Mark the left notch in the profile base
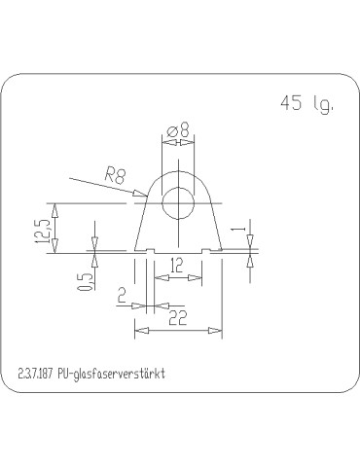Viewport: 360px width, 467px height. pyautogui.click(x=150, y=253)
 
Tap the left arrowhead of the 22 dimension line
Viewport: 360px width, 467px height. pyautogui.click(x=137, y=332)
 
